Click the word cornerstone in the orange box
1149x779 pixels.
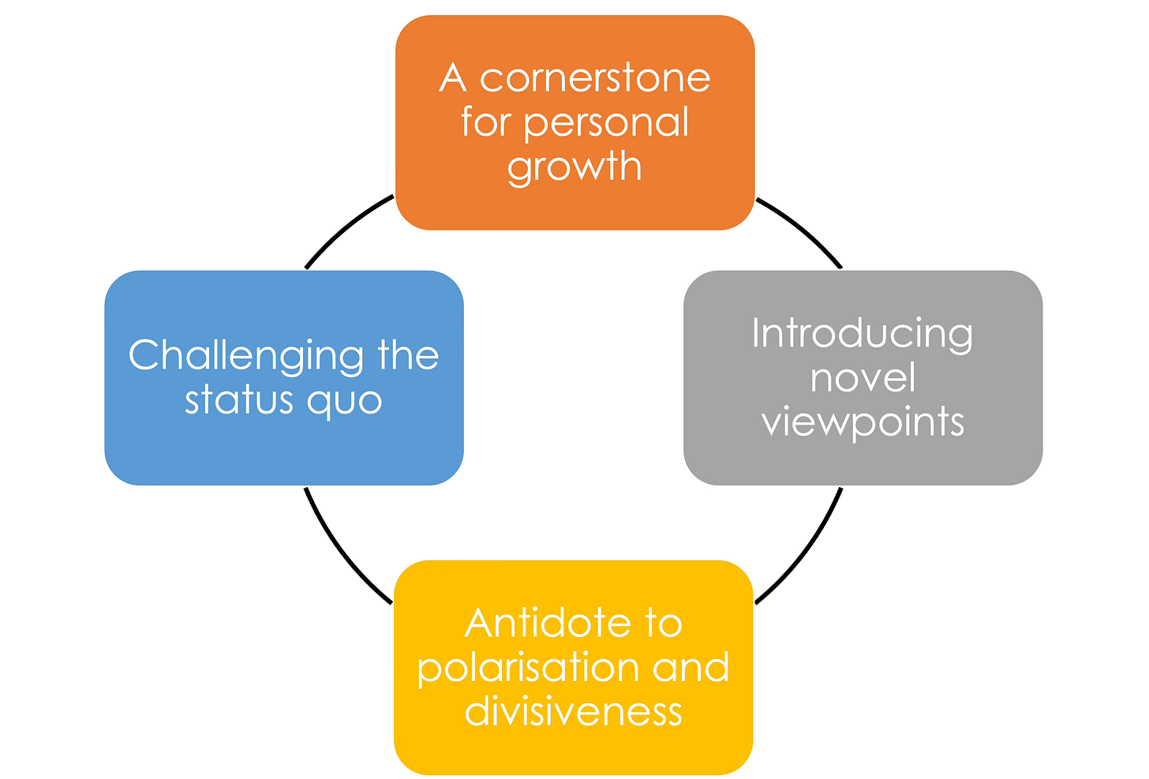click(x=595, y=78)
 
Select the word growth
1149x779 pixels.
click(x=574, y=167)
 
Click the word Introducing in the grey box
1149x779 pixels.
click(x=862, y=334)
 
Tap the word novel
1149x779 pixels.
click(x=863, y=377)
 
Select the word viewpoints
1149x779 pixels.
click(x=863, y=422)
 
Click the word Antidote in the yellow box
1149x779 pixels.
click(x=548, y=624)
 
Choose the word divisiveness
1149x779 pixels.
click(x=573, y=711)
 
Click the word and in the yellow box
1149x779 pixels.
click(x=691, y=668)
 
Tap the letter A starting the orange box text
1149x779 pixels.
click(x=452, y=78)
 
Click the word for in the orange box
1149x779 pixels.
click(x=485, y=122)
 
